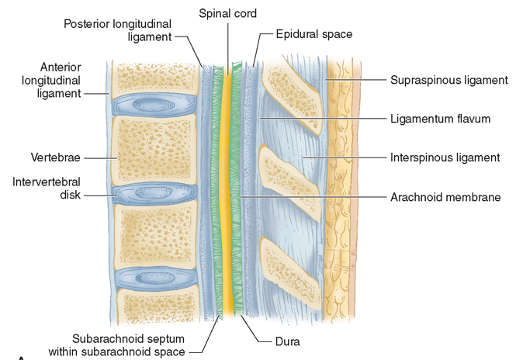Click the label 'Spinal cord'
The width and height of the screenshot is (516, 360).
point(228,14)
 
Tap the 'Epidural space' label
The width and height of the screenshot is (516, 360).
point(314,34)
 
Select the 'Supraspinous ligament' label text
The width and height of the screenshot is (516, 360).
point(448,79)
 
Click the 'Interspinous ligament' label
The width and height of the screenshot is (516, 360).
point(445,157)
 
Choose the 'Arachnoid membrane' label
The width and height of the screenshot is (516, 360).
point(445,197)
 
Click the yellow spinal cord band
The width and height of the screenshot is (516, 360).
point(228,194)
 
